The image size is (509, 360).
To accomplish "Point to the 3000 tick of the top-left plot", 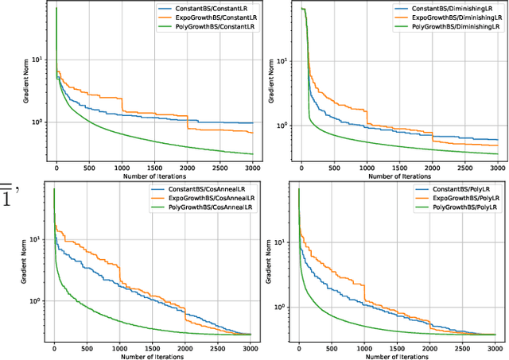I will [x=251, y=168].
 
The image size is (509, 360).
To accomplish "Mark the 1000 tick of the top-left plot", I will [x=121, y=168].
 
